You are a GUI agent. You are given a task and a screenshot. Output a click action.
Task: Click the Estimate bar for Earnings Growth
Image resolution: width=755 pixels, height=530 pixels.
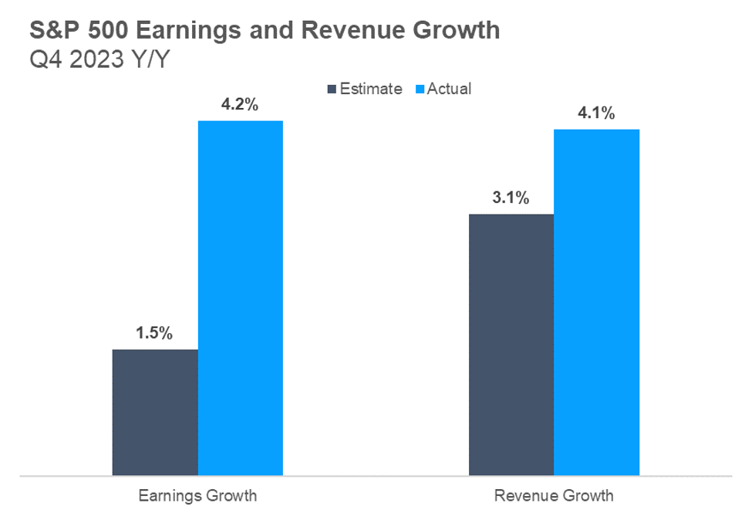[x=155, y=412]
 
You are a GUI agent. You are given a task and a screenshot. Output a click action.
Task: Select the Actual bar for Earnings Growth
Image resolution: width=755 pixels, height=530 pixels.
[x=241, y=298]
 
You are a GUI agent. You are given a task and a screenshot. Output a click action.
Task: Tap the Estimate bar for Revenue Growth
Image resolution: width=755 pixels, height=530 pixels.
[x=511, y=344]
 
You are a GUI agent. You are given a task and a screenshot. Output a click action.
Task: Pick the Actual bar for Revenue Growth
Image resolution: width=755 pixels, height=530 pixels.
[x=597, y=302]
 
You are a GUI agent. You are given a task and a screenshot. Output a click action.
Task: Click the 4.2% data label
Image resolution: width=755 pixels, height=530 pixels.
[x=239, y=105]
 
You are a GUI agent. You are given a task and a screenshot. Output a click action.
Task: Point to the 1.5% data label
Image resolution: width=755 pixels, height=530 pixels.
[x=154, y=334]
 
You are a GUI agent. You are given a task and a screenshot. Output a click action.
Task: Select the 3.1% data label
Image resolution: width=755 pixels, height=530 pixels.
[x=511, y=198]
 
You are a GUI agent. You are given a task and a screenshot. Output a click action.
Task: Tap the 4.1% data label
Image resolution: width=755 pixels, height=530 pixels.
[x=596, y=114]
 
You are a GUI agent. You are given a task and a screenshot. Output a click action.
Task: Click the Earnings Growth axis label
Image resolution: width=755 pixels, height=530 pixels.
[x=197, y=495]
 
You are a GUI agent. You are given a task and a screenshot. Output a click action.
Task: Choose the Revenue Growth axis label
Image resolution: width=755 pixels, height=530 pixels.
[x=554, y=495]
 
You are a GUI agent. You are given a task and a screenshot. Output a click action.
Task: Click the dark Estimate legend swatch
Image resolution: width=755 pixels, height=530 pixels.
[x=333, y=89]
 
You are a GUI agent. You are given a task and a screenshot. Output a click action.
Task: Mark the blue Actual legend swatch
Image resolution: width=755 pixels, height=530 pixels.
[x=420, y=89]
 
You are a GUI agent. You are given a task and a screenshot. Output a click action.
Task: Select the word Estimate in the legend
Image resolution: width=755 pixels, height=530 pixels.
[x=371, y=89]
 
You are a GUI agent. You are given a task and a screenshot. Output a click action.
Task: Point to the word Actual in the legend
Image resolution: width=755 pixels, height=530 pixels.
[x=449, y=89]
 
